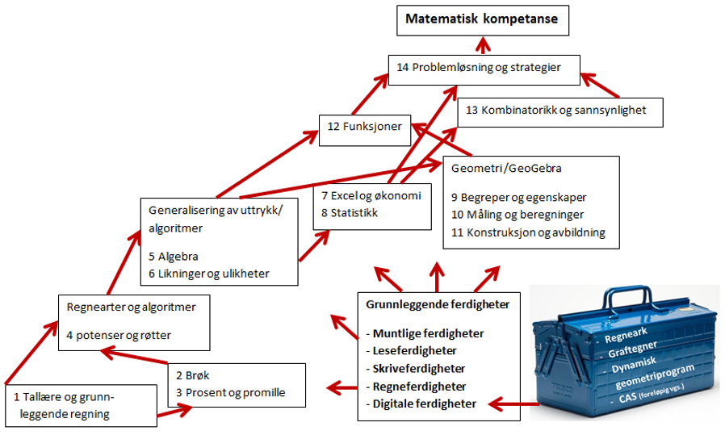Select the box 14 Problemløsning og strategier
pyautogui.click(x=484, y=68)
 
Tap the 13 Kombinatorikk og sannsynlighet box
pyautogui.click(x=560, y=111)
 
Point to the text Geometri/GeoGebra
pyautogui.click(x=506, y=169)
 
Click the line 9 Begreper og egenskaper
pyautogui.click(x=518, y=197)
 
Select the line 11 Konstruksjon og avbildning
pyautogui.click(x=528, y=232)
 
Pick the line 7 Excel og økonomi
pyautogui.click(x=370, y=196)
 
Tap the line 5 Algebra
pyautogui.click(x=174, y=257)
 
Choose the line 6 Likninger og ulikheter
pyautogui.click(x=208, y=274)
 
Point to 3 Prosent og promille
pyautogui.click(x=230, y=393)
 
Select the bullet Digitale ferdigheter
pyautogui.click(x=424, y=404)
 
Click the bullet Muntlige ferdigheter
pyautogui.click(x=425, y=333)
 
